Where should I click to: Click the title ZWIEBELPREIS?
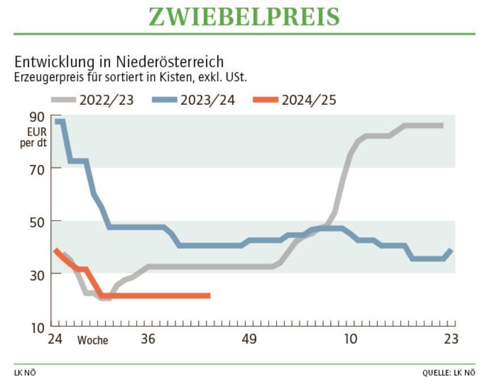coord(244,16)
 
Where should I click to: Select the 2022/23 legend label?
coord(107,100)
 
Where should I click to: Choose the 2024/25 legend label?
coord(309,100)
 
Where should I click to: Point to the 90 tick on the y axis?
coord(36,116)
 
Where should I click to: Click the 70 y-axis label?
coord(36,168)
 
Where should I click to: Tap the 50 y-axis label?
coord(36,221)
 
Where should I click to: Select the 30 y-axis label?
coord(36,273)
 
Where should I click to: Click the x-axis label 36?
coord(148,339)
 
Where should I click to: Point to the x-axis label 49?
coord(249,339)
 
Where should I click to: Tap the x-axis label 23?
coord(450,339)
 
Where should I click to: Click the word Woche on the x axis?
coord(93,340)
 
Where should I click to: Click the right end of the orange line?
coord(210,295)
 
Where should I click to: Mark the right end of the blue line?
coord(452,250)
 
